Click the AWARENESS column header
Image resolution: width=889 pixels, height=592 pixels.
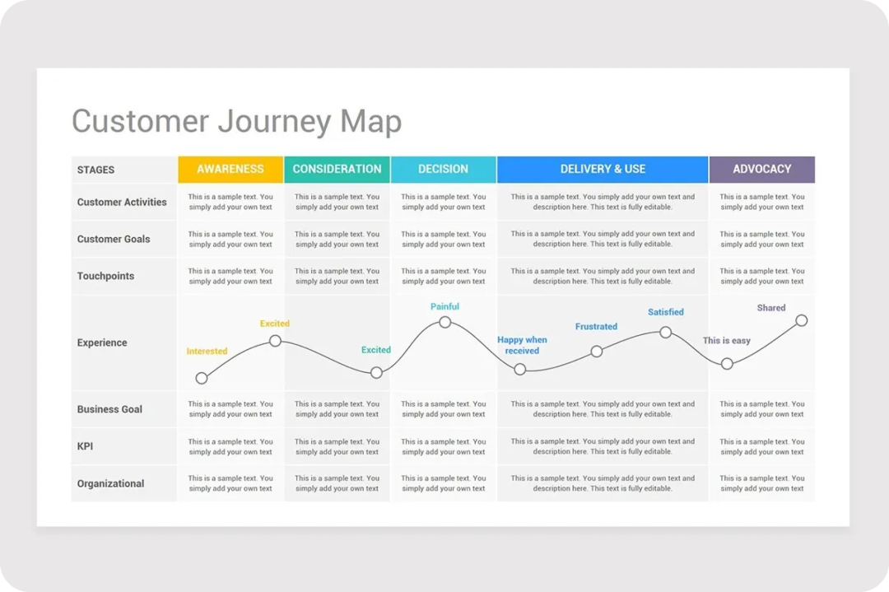pyautogui.click(x=230, y=170)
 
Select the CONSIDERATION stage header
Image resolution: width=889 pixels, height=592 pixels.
pyautogui.click(x=337, y=170)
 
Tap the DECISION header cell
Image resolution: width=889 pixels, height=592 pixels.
pyautogui.click(x=444, y=170)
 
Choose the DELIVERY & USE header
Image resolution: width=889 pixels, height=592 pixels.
pyautogui.click(x=603, y=170)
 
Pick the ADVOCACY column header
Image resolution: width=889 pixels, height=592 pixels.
pyautogui.click(x=762, y=170)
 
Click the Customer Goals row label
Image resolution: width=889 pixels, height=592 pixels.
pyautogui.click(x=114, y=240)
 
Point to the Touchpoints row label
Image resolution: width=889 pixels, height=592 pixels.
pyautogui.click(x=105, y=276)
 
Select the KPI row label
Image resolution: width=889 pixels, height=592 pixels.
pyautogui.click(x=85, y=446)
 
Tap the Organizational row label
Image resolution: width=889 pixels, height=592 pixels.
pyautogui.click(x=110, y=483)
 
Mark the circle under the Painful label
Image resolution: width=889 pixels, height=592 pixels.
pyautogui.click(x=445, y=322)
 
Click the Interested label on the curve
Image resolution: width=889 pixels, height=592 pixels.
pyautogui.click(x=207, y=351)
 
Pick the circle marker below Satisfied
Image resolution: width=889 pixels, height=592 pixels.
pyautogui.click(x=666, y=333)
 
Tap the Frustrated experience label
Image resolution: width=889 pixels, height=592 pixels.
pyautogui.click(x=596, y=327)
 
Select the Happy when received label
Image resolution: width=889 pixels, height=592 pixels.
pyautogui.click(x=522, y=345)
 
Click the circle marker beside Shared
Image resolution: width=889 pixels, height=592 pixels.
pyautogui.click(x=801, y=320)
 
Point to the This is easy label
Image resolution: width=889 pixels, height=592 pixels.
pyautogui.click(x=726, y=341)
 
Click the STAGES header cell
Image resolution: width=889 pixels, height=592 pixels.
pyautogui.click(x=124, y=170)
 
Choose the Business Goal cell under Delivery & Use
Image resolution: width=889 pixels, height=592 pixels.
pyautogui.click(x=603, y=409)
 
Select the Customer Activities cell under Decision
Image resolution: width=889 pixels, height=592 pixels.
pyautogui.click(x=444, y=202)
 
